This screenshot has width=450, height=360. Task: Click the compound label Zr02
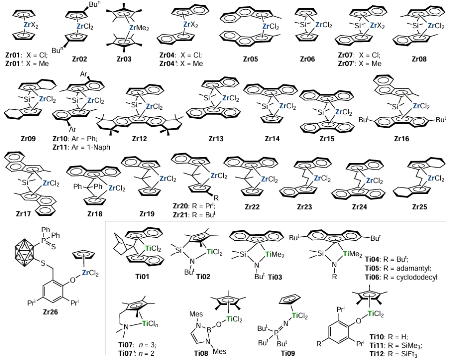(79, 59)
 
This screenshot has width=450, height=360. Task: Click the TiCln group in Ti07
(152, 323)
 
